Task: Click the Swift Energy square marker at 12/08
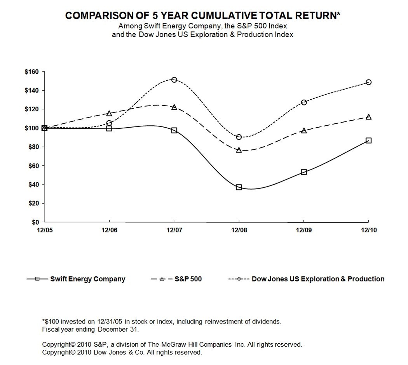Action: (239, 187)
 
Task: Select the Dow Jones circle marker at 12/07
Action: (174, 80)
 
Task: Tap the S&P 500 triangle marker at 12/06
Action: (109, 113)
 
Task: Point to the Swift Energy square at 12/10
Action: (368, 140)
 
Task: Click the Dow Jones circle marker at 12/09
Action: (304, 102)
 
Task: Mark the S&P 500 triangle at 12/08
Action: (239, 150)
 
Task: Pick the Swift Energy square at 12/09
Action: (304, 172)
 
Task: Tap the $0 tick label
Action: (35, 222)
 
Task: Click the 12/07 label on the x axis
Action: (174, 230)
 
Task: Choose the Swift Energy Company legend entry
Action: (87, 279)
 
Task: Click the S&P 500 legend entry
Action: (188, 279)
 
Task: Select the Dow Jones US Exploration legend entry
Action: (318, 279)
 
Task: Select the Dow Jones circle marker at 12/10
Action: (368, 82)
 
